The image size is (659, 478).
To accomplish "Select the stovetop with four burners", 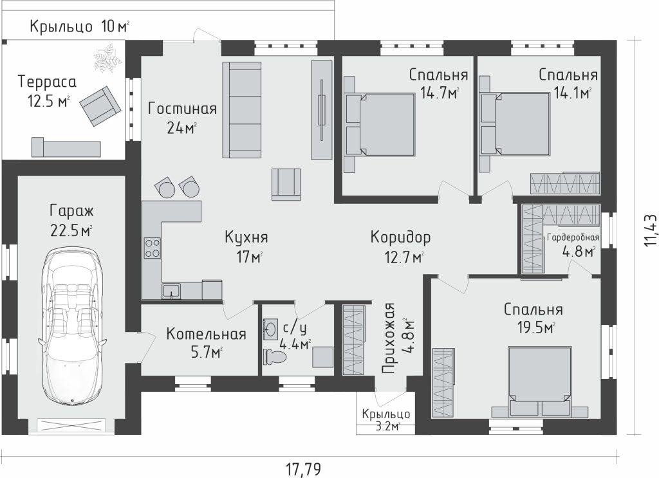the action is [x=152, y=248].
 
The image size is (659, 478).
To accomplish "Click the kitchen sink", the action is [x=171, y=291].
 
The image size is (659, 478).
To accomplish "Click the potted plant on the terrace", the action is [x=107, y=57].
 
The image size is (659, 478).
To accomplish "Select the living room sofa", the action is [x=242, y=110].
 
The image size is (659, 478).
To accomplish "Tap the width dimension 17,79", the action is [x=304, y=468].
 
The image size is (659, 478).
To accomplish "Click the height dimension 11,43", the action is [x=650, y=230].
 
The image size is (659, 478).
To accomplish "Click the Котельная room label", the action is [x=206, y=335].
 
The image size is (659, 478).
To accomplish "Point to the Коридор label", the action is [x=400, y=238].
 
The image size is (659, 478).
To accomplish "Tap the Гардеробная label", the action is [x=573, y=238].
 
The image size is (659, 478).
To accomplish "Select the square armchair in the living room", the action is [x=286, y=185].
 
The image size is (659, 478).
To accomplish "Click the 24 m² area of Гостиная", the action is [x=182, y=127].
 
